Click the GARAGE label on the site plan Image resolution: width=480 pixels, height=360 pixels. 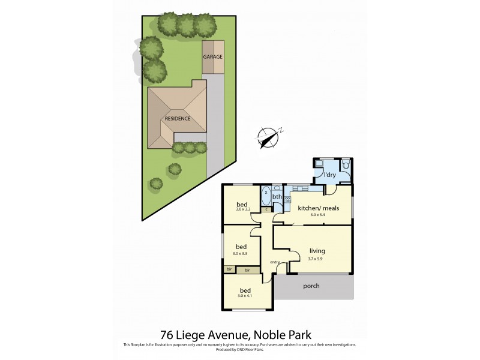[x=212, y=57]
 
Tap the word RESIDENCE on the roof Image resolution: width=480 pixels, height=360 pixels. [x=178, y=118]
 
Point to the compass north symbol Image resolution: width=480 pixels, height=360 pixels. [x=270, y=136]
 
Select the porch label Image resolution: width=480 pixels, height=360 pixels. [x=311, y=286]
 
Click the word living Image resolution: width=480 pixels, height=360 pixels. [x=318, y=251]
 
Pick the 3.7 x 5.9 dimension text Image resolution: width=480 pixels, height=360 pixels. [x=318, y=260]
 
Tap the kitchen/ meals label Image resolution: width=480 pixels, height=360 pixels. [x=319, y=208]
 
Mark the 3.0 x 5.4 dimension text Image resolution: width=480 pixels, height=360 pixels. [x=319, y=215]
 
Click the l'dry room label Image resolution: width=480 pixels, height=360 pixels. [x=329, y=175]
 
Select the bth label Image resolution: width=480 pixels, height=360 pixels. [x=277, y=196]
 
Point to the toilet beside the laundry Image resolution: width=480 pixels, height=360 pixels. [x=346, y=166]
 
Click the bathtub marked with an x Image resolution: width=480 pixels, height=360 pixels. [x=266, y=196]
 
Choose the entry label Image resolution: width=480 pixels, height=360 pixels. [x=275, y=262]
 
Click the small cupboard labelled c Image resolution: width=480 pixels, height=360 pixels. [x=265, y=209]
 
